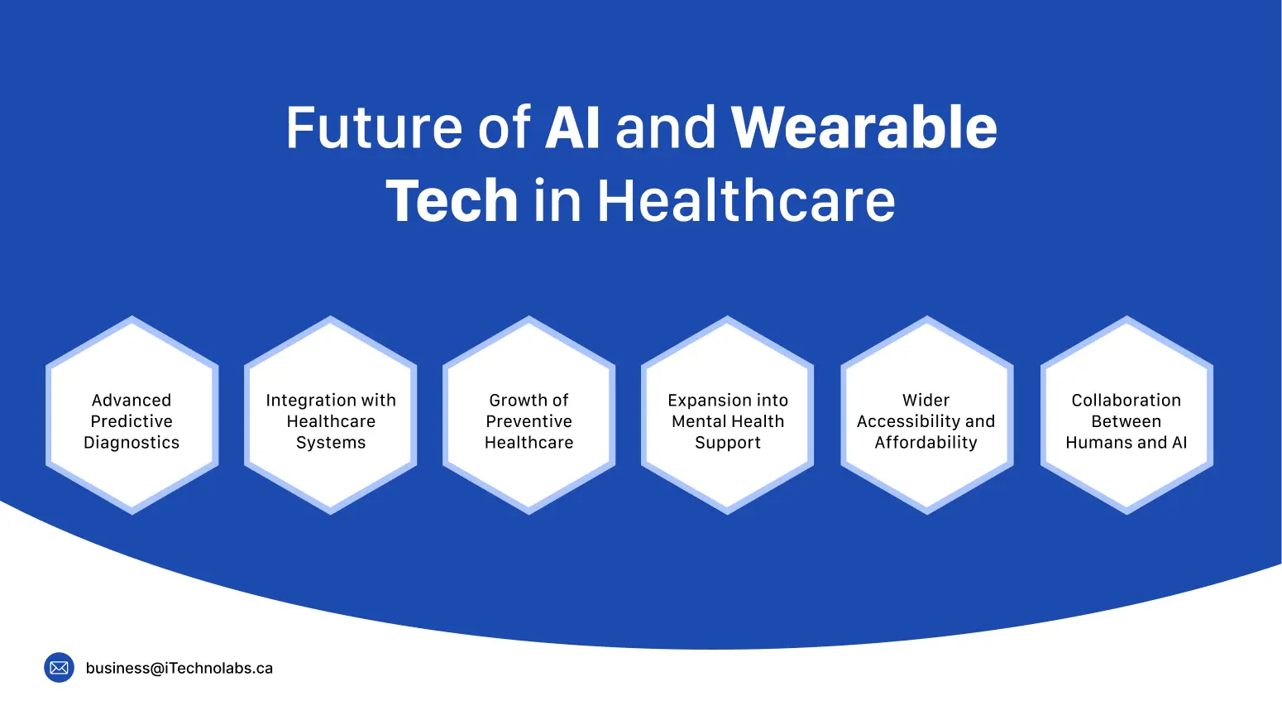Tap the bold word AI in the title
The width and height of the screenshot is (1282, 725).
click(572, 128)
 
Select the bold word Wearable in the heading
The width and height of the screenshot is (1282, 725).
click(863, 128)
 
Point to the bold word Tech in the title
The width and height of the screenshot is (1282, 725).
click(452, 202)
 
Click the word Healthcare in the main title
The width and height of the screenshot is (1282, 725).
click(746, 202)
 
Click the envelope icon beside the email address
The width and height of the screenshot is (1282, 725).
click(60, 668)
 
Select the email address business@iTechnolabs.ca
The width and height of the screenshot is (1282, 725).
click(179, 668)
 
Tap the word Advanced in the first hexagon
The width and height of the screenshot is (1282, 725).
click(132, 401)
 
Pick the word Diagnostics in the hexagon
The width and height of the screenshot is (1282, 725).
click(132, 443)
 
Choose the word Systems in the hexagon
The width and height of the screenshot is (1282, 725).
click(331, 443)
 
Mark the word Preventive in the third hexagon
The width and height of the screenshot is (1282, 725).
click(529, 421)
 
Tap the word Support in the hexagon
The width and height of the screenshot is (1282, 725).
click(728, 443)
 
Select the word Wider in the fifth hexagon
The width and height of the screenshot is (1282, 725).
click(926, 401)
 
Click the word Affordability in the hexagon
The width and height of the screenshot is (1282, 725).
click(926, 443)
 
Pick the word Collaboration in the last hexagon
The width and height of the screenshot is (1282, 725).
click(1127, 401)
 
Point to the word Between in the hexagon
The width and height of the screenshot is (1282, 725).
click(1127, 421)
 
